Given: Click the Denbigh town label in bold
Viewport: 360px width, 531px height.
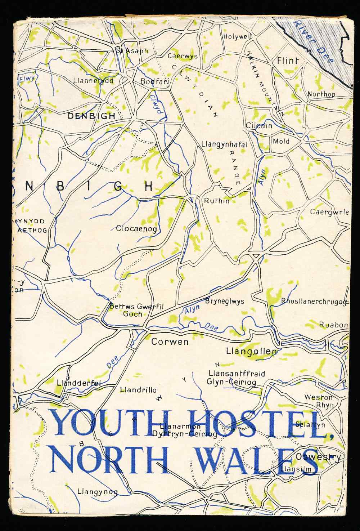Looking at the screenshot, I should (91, 116).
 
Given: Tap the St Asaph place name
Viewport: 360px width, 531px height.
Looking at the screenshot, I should (132, 51).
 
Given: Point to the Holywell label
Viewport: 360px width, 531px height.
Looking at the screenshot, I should (237, 37).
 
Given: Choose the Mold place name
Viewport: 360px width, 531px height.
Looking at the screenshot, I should (281, 141).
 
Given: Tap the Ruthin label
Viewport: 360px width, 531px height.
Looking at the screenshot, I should (216, 201).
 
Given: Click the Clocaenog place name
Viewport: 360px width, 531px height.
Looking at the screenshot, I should (136, 229).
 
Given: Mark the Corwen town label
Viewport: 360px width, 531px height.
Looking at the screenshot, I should (170, 342).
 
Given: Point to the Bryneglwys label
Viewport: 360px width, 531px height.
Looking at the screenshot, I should (224, 301).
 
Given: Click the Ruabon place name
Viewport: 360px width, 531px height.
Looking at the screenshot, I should (333, 325).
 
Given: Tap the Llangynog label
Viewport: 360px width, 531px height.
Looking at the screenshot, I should (97, 492).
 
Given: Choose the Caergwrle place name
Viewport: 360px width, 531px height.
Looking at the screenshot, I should (329, 212).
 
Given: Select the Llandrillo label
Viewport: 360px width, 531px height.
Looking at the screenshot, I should (138, 390).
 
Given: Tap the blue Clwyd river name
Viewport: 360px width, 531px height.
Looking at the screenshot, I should (156, 103).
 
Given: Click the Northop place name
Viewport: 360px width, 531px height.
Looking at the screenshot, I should (321, 94).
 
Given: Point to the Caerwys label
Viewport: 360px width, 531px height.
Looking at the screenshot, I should (182, 56).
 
